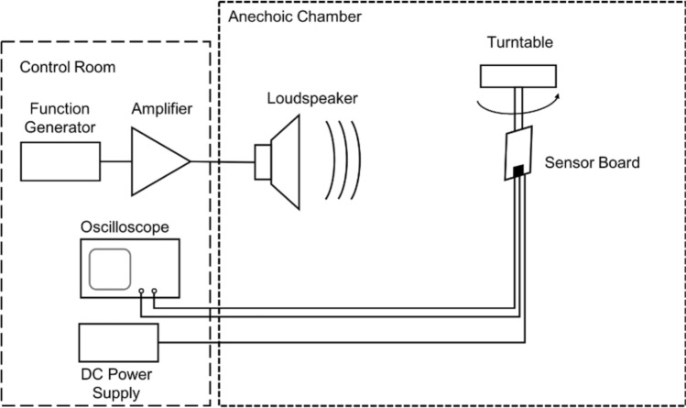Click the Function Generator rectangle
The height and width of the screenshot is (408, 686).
tap(60, 161)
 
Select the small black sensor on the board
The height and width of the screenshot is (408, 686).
tap(518, 170)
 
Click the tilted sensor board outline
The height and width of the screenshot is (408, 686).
tap(518, 151)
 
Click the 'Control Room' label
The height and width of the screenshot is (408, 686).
tap(62, 68)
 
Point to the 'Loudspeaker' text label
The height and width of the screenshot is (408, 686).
tap(303, 98)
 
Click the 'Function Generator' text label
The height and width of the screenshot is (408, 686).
tap(58, 116)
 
